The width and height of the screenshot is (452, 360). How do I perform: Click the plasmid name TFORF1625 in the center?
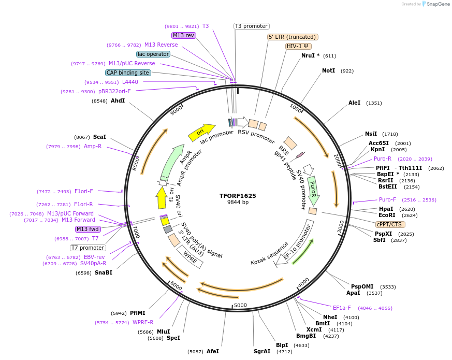(x=238, y=196)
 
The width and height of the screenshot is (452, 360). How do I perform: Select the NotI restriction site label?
(x=328, y=70)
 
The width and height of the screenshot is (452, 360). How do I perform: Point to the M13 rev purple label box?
(x=184, y=35)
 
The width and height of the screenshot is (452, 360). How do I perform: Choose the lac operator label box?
(x=153, y=54)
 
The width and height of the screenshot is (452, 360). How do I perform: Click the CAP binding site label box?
(x=128, y=73)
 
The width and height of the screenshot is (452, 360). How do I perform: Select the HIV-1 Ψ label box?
(x=298, y=46)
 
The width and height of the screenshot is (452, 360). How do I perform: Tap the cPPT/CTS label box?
(x=390, y=224)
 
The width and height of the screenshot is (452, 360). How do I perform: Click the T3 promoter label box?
(x=252, y=26)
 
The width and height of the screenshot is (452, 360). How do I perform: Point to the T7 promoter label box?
(x=88, y=248)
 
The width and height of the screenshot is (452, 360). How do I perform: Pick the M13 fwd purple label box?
(x=88, y=229)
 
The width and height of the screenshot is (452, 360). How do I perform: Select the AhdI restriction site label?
(x=118, y=100)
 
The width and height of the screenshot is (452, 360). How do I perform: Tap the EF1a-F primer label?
(x=342, y=308)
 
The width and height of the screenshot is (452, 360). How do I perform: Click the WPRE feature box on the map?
(x=190, y=256)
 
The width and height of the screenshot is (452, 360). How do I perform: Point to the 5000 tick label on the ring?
(x=240, y=305)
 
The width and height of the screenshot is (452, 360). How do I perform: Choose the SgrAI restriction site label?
(x=262, y=351)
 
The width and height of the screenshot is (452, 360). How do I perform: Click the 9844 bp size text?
(x=238, y=203)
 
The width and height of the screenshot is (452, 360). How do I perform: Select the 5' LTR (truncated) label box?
(x=293, y=37)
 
